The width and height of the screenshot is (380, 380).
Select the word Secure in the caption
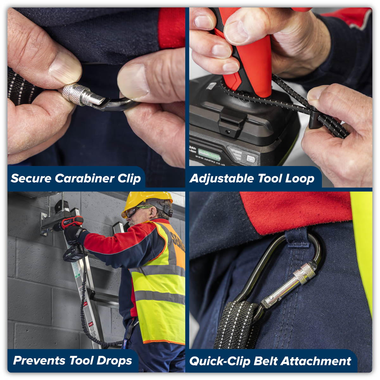click(31, 178)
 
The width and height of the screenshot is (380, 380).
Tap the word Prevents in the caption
click(40, 361)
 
